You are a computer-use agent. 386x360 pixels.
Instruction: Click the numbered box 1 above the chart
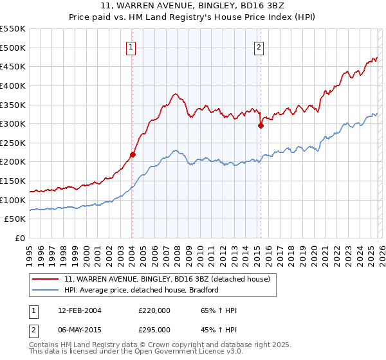pos(131,46)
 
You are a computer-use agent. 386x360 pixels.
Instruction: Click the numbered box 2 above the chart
pos(259,46)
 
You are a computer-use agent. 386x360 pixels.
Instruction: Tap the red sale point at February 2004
pos(133,154)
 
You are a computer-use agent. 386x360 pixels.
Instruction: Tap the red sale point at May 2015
pos(261,126)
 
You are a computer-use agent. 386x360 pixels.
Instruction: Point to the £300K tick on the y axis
pos(13,123)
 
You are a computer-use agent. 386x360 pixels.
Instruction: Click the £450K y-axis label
pos(13,66)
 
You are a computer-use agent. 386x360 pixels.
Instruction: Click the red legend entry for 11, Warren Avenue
pos(170,280)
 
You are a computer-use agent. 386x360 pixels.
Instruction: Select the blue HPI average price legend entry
pos(142,290)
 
